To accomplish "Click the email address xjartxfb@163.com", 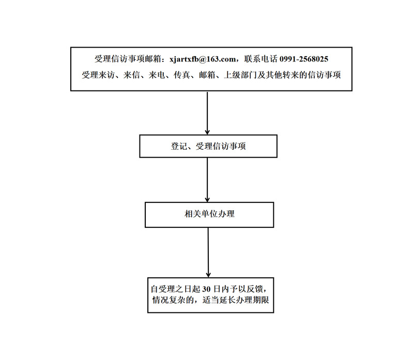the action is click(x=203, y=59).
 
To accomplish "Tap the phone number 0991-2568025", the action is click(x=304, y=59).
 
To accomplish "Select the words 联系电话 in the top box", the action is click(x=261, y=59).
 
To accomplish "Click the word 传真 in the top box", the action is click(x=182, y=75).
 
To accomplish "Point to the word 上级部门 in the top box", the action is click(x=240, y=75).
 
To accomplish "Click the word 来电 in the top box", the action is click(x=157, y=75).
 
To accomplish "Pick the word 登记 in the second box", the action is click(x=179, y=146).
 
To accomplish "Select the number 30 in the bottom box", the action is click(x=206, y=289).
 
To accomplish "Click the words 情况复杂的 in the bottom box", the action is click(x=173, y=300).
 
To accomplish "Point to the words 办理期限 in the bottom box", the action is click(x=253, y=300).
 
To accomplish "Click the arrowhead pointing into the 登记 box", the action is click(x=207, y=132).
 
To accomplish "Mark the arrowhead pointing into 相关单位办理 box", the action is click(x=207, y=200).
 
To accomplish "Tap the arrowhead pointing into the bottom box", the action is click(x=208, y=275).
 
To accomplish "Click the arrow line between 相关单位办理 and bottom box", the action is click(x=208, y=253).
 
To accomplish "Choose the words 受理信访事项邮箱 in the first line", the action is click(x=128, y=59).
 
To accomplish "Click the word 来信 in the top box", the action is click(x=132, y=75).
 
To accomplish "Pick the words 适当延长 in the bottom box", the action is click(x=219, y=300).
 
